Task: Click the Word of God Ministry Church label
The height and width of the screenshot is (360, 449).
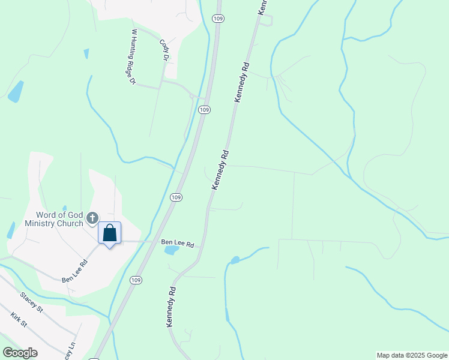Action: pos(58,219)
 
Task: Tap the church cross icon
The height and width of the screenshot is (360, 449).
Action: pos(92,218)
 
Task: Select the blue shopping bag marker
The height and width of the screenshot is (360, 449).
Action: pos(110,233)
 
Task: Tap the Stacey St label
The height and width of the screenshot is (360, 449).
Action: pos(32,302)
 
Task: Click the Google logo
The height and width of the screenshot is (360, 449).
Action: pos(19,353)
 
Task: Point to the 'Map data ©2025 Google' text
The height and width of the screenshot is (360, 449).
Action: pos(412,355)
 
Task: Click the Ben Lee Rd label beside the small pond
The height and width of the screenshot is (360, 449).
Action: pos(178,244)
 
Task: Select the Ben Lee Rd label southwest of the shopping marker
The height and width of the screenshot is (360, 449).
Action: pos(75,271)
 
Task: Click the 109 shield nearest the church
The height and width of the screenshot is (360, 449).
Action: pos(175,197)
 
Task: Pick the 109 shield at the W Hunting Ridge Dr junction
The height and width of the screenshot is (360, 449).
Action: pos(205,109)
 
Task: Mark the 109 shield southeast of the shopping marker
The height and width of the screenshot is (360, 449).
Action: pos(136,280)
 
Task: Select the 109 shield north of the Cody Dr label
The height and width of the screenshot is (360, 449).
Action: pos(218,19)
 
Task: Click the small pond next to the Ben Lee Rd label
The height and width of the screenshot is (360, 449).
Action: pos(171,250)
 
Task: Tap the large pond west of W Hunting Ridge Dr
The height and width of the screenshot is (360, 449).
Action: pos(16,91)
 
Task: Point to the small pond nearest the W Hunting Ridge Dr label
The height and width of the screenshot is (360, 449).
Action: pos(86,53)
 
